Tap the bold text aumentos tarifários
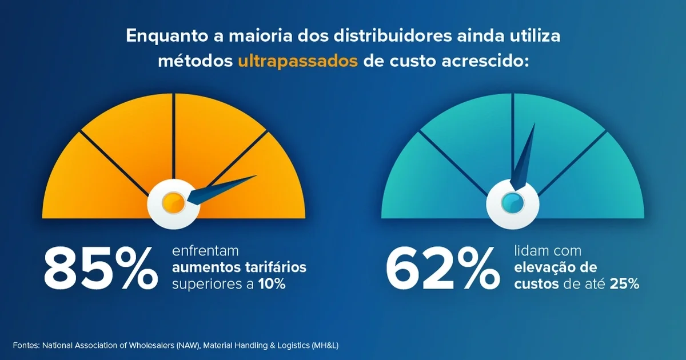[x=239, y=267]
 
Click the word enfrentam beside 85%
[x=205, y=251]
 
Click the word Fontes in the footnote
[x=25, y=346]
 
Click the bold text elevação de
[x=556, y=267]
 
